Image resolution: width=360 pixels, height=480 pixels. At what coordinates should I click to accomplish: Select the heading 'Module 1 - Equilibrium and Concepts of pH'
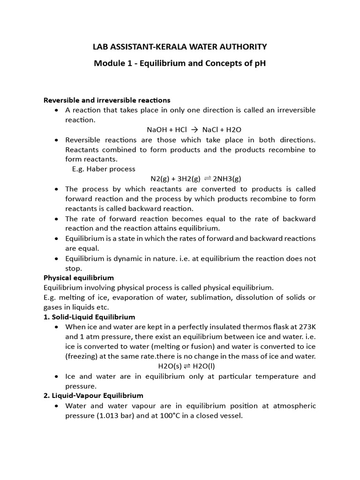[x=180, y=63]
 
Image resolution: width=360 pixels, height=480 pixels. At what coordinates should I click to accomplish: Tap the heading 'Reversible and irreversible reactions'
[x=107, y=100]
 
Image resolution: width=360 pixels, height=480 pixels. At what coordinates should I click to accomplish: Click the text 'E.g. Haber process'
[x=104, y=169]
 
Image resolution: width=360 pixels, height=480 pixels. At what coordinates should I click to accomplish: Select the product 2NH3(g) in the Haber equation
[x=227, y=179]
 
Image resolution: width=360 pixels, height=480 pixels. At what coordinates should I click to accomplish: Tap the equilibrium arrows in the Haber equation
[x=207, y=179]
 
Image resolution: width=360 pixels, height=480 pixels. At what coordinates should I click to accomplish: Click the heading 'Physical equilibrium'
[x=79, y=278]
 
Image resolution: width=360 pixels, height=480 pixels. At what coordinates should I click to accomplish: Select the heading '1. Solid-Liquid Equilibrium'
[x=89, y=317]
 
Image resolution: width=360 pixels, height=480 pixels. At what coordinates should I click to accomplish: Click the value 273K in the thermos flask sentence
[x=307, y=327]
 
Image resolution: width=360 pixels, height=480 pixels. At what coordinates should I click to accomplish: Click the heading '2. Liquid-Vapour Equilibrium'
[x=93, y=396]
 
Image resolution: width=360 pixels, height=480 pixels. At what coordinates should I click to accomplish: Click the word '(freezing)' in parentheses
[x=82, y=357]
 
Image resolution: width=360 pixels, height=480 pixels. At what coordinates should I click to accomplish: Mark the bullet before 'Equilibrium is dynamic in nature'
[x=56, y=259]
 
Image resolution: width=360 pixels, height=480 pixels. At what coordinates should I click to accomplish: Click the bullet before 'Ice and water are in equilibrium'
[x=56, y=376]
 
